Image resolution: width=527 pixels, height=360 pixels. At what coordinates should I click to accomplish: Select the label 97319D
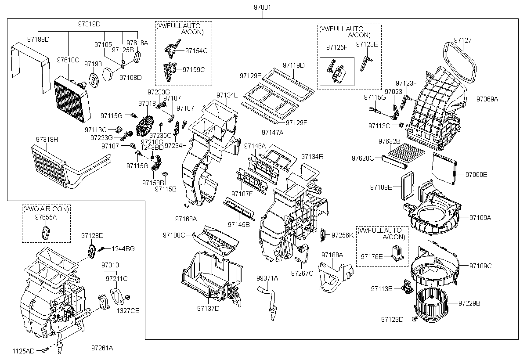(x=89, y=24)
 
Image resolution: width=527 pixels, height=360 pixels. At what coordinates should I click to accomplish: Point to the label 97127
(x=462, y=40)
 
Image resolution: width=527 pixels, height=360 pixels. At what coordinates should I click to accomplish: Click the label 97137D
(x=208, y=308)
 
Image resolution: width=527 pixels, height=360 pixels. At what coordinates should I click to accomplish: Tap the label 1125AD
(x=23, y=351)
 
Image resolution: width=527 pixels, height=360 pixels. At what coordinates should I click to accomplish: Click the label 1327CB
(x=128, y=310)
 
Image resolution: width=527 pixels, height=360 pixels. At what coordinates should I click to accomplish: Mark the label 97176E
(x=372, y=256)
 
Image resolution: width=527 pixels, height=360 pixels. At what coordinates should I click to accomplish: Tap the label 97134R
(x=312, y=157)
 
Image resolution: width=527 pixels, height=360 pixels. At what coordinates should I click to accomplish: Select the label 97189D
(x=38, y=40)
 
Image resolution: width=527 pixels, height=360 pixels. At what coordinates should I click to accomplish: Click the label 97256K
(x=342, y=235)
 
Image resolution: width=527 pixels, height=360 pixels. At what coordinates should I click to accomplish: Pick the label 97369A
(x=487, y=99)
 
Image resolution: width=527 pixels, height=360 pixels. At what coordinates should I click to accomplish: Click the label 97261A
(x=102, y=348)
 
